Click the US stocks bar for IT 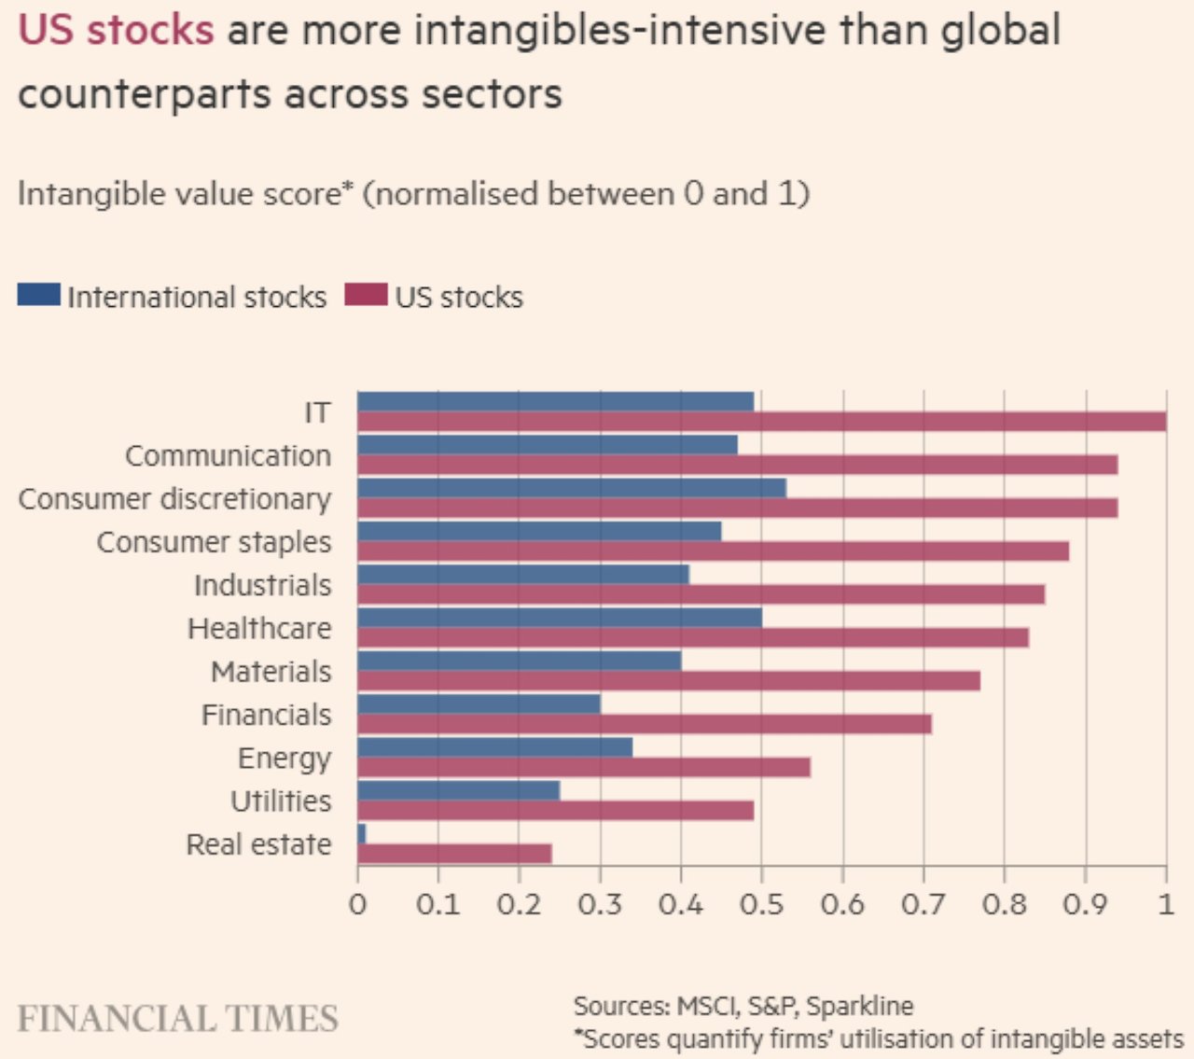[x=761, y=422]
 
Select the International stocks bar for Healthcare [x=560, y=618]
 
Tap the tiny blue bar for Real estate [x=362, y=833]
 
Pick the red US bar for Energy [x=584, y=767]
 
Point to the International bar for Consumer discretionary [x=572, y=488]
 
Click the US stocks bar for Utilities [x=556, y=810]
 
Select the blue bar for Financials [x=479, y=704]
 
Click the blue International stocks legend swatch [x=39, y=295]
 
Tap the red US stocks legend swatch [x=366, y=295]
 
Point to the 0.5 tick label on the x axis [x=761, y=904]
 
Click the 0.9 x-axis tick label [x=1085, y=904]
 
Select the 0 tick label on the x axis [x=357, y=904]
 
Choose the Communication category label [x=229, y=455]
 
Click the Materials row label [x=271, y=672]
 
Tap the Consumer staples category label [x=215, y=542]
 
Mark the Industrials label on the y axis [x=263, y=585]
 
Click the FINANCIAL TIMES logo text [x=178, y=1018]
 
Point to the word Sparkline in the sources [x=859, y=1006]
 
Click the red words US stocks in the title [x=117, y=31]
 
